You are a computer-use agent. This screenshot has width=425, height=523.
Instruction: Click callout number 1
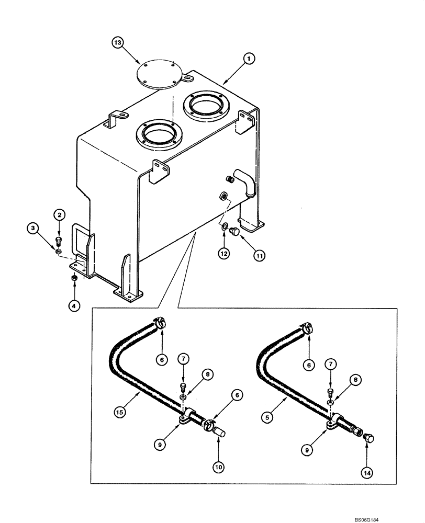coord(249,60)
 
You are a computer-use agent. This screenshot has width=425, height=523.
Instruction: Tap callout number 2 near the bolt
coord(59,214)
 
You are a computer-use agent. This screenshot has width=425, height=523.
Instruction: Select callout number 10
coord(218,465)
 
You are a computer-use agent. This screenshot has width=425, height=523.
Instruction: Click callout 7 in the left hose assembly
coord(183,359)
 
